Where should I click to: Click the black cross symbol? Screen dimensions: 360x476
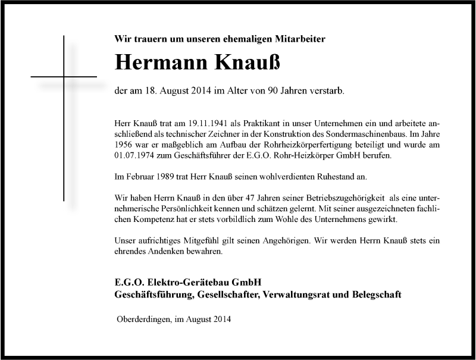pos(63,77)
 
